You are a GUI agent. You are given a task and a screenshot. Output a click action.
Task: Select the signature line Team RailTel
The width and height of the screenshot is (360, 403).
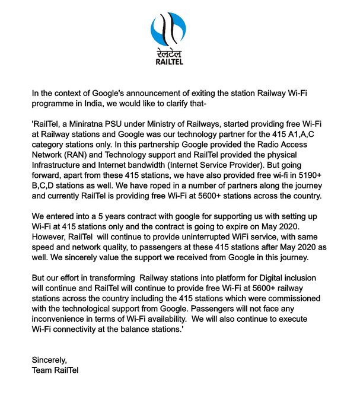[56, 370]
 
